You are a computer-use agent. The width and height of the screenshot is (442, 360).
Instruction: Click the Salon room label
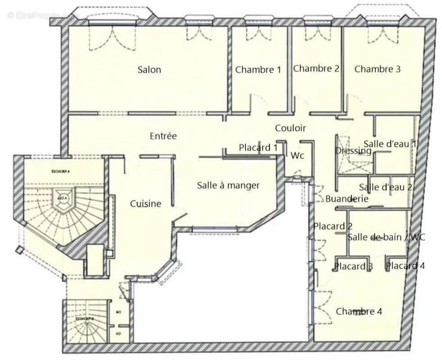point(149,70)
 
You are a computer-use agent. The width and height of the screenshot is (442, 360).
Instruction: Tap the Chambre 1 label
point(258,70)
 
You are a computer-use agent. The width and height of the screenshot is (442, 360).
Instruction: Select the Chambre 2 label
point(316,68)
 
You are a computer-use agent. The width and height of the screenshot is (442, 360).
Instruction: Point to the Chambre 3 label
point(377,69)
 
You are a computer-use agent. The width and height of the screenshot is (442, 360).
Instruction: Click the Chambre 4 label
point(359,311)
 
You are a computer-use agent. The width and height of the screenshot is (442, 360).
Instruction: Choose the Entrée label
point(163,136)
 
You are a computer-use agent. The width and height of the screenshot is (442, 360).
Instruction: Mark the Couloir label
point(290,128)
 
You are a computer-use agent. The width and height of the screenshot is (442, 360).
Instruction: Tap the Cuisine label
point(145,204)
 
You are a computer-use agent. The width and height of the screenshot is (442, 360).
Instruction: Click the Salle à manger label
point(228,185)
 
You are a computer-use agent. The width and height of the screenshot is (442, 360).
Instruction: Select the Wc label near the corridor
point(297,156)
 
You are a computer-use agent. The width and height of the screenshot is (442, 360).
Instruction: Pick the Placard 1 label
point(258,148)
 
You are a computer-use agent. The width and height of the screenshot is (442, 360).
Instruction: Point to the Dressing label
point(353,151)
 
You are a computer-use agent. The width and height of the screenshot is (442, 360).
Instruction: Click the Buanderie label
point(347,198)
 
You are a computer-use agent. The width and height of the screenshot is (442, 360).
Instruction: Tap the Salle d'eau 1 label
point(390,144)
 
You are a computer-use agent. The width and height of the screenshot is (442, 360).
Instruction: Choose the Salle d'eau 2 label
point(386,187)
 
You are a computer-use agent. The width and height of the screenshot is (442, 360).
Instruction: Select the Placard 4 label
point(405,265)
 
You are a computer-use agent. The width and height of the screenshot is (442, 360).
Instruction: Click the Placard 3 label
point(353,266)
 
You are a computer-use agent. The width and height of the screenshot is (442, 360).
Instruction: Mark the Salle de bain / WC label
point(386,237)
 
